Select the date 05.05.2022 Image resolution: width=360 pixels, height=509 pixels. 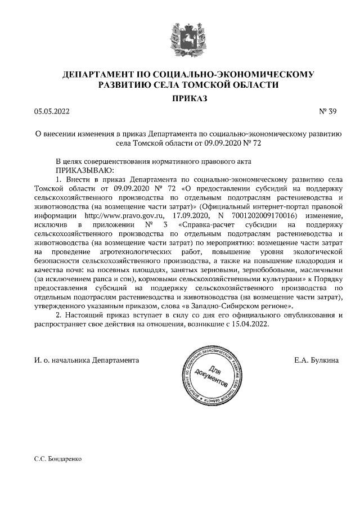click(x=51, y=111)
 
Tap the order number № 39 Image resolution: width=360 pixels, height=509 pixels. click(x=328, y=111)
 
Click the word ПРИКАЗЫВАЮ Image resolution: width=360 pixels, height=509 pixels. click(x=84, y=169)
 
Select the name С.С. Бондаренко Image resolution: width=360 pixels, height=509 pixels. click(x=58, y=459)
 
